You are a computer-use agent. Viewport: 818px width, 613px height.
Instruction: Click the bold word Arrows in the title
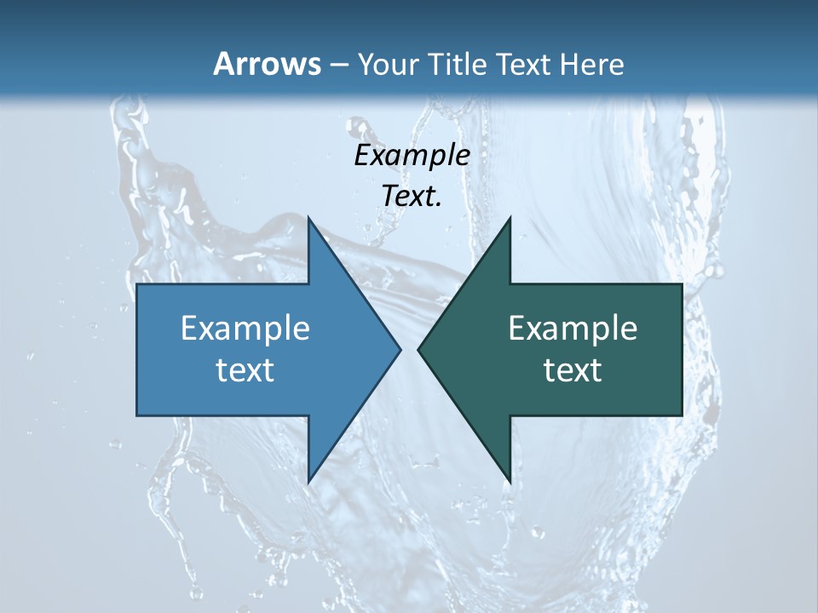[267, 64]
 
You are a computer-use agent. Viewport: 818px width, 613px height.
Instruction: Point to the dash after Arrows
[338, 65]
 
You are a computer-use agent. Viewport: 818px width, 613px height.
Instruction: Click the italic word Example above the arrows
[412, 156]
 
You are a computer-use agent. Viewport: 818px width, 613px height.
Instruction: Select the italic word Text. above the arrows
[412, 197]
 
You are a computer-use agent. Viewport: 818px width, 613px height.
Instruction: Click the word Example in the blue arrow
[245, 328]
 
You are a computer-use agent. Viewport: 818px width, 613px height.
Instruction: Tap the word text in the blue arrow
[245, 370]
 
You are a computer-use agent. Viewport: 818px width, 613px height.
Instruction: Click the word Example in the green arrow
[573, 328]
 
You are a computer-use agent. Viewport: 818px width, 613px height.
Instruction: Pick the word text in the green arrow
[573, 370]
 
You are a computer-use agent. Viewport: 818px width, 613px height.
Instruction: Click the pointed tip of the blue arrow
[400, 349]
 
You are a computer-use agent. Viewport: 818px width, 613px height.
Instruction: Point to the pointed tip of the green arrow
[418, 349]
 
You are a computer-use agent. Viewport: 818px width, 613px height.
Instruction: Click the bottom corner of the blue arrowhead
[308, 481]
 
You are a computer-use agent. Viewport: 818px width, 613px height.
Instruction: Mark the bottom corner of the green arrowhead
[510, 481]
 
